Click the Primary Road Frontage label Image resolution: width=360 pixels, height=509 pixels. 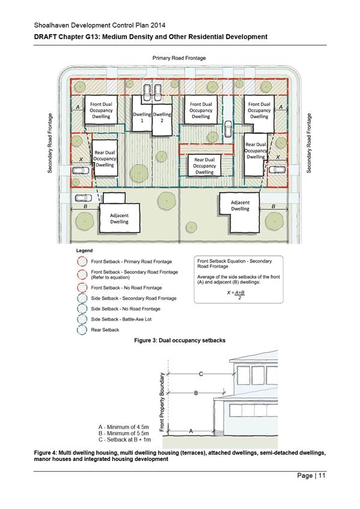click(179, 58)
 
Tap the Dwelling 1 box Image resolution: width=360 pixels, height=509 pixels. click(142, 114)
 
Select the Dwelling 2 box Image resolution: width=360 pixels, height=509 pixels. click(162, 120)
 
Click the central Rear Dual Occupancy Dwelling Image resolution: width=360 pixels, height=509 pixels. click(204, 165)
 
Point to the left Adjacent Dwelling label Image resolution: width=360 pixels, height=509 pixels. click(119, 219)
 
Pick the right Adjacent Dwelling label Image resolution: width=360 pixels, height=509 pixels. click(240, 206)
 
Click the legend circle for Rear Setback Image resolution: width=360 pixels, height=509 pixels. click(82, 330)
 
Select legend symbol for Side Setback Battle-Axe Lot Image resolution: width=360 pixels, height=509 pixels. click(82, 320)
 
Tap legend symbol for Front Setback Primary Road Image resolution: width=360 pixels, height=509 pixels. click(82, 261)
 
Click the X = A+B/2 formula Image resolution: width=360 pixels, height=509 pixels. click(236, 294)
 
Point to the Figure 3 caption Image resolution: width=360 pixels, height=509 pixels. click(180, 341)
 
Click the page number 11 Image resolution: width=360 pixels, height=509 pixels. click(322, 475)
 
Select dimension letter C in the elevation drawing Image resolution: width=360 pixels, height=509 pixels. click(201, 374)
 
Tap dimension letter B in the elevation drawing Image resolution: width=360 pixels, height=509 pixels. click(196, 393)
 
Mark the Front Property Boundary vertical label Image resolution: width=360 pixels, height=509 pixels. click(162, 402)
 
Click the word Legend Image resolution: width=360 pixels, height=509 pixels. click(84, 251)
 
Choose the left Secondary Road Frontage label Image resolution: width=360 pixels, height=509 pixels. click(50, 143)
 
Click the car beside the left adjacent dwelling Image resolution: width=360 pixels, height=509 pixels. click(84, 198)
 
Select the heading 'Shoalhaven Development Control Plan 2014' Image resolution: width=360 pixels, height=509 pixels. click(100, 25)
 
